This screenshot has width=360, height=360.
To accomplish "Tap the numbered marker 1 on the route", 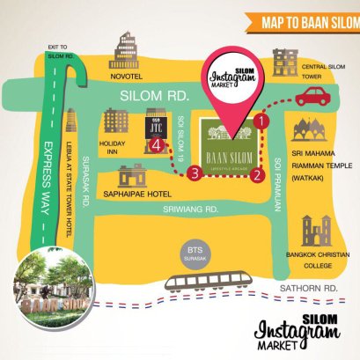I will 261,119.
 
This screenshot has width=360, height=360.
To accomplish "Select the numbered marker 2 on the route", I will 257,173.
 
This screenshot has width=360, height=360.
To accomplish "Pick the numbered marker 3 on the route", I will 195,173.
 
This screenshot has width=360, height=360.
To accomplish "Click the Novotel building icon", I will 126,52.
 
